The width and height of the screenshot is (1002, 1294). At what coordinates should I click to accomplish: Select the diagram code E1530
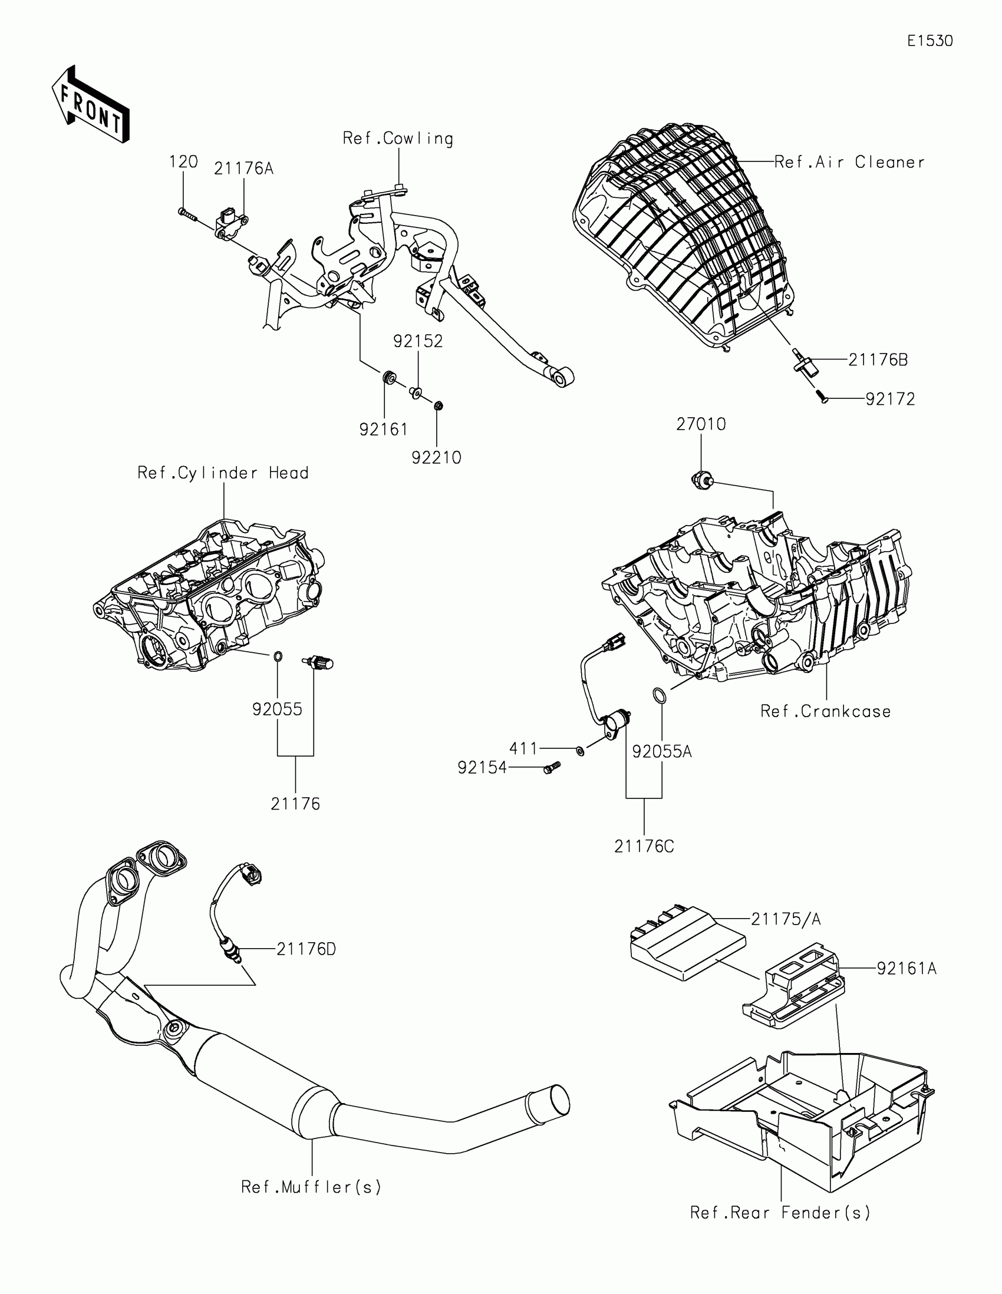[x=930, y=41]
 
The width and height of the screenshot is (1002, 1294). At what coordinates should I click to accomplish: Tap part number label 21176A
[x=243, y=169]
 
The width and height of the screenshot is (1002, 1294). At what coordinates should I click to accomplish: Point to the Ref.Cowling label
[x=398, y=138]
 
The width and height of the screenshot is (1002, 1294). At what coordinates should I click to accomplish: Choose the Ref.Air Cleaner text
[x=849, y=163]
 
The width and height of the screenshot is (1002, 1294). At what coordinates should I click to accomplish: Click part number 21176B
[x=878, y=359]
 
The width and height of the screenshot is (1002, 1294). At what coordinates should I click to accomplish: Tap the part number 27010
[x=701, y=424]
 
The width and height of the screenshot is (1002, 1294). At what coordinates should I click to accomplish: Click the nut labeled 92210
[x=439, y=407]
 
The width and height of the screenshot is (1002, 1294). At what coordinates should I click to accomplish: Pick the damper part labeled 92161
[x=389, y=377]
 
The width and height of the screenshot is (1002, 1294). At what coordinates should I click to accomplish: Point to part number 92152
[x=418, y=341]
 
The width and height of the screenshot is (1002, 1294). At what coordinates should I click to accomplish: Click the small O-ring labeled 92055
[x=277, y=656]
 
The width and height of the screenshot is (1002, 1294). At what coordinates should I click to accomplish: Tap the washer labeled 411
[x=580, y=751]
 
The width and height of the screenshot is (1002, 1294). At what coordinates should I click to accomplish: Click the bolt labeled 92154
[x=551, y=768]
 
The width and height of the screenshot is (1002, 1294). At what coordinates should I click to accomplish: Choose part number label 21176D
[x=306, y=949]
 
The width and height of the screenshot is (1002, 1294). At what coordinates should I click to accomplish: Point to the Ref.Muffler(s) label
[x=311, y=1187]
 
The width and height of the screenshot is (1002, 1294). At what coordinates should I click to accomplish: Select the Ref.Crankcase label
[x=825, y=711]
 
